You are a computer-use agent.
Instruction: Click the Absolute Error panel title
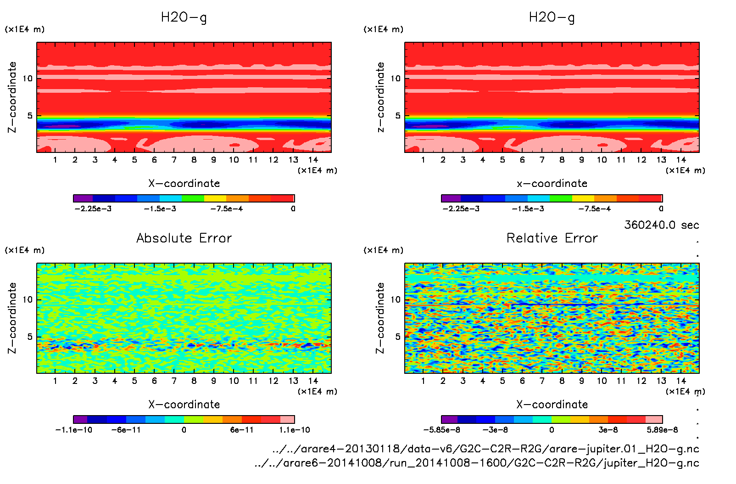tap(184, 238)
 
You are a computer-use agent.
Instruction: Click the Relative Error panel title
tap(552, 238)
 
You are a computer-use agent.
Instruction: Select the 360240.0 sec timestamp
tap(661, 225)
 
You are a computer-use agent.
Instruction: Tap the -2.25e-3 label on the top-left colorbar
tap(93, 209)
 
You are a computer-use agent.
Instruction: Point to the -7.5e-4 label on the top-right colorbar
tap(594, 209)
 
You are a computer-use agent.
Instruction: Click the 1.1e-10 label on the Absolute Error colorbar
tap(295, 430)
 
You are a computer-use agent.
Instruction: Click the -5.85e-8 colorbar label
tap(441, 430)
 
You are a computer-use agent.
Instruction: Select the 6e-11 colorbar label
tap(242, 430)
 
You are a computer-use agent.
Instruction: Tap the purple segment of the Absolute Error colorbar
tap(80, 419)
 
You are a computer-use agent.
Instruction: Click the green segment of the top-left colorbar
tap(193, 198)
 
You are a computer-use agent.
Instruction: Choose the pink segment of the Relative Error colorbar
tap(654, 419)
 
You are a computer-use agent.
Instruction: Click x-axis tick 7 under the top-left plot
tap(174, 160)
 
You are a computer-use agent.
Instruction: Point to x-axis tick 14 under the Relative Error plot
tap(681, 381)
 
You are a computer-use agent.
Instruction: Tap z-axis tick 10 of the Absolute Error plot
tap(28, 300)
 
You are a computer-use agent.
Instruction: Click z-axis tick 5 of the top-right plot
tap(397, 116)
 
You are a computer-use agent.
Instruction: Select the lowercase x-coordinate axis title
tap(552, 184)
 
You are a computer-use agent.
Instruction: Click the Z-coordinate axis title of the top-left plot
tap(12, 97)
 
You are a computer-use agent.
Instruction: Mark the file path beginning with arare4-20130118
tap(485, 449)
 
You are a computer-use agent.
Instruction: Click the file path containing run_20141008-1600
tap(477, 463)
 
